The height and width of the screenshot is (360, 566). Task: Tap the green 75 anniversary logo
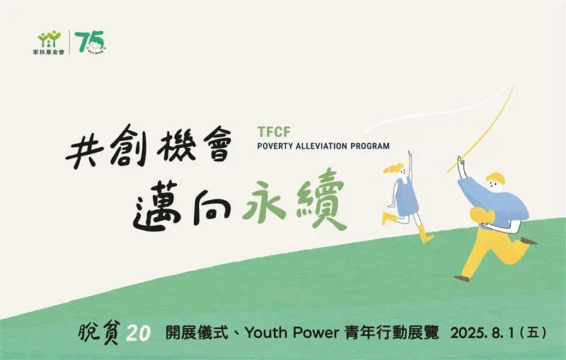91,42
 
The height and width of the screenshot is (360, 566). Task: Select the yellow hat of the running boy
495,178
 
